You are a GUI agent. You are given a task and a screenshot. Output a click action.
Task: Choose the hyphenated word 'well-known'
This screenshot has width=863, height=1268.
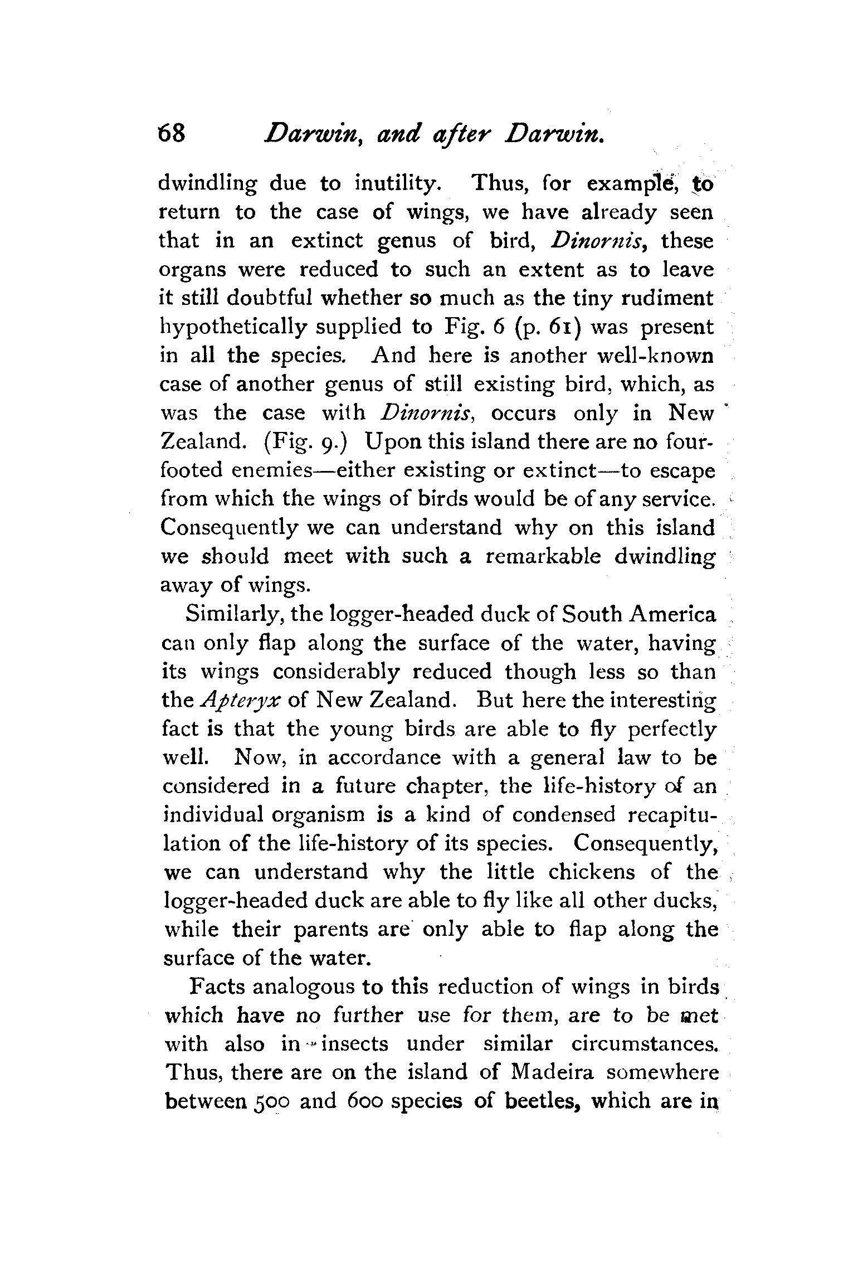(645, 356)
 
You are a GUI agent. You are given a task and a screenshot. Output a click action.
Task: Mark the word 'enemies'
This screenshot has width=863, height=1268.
(266, 471)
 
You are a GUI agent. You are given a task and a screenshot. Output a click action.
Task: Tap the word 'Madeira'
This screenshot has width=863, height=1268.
(550, 1073)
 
